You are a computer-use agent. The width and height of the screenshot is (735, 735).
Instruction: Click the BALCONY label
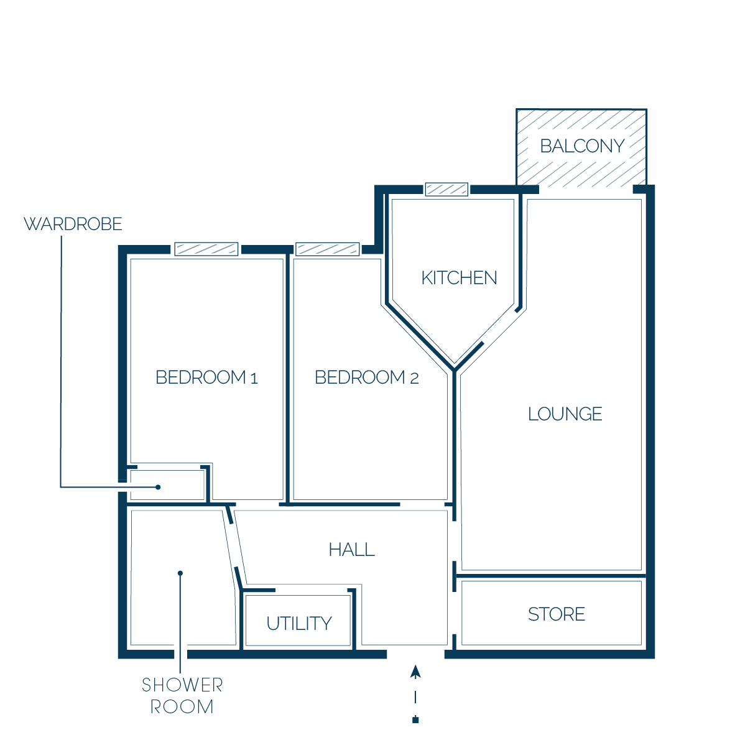(582, 146)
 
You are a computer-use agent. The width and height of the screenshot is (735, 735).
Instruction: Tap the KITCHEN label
(459, 278)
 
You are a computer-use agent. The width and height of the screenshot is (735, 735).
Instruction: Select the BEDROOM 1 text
(206, 377)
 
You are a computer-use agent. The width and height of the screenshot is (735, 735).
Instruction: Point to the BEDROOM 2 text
(366, 377)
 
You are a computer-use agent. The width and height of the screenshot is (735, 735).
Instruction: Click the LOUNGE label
(565, 414)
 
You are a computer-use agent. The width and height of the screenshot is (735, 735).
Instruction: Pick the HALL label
(351, 549)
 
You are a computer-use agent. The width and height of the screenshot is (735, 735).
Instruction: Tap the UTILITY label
(299, 624)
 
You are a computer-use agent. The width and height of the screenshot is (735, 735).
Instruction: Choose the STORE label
(557, 614)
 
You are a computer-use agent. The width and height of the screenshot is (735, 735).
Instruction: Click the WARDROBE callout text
(73, 224)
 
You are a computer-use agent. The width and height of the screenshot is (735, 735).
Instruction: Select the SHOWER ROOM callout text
(182, 696)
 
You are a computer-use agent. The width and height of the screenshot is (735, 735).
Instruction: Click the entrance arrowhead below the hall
(415, 672)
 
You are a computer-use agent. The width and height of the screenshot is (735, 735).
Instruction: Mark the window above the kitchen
(446, 190)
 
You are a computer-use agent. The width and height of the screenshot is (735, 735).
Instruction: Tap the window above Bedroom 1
(206, 249)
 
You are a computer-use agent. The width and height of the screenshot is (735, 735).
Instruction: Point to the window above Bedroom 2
(328, 249)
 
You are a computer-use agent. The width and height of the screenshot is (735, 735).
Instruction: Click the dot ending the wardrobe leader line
(158, 487)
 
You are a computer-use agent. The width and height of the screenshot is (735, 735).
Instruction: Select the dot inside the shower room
(180, 573)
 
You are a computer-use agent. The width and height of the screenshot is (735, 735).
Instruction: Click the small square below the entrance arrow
(415, 720)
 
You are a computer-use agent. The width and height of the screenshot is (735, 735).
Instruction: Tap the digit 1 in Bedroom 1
(254, 378)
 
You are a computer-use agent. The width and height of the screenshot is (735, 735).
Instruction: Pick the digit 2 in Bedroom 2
(414, 378)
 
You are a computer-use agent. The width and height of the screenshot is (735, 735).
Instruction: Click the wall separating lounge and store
(551, 576)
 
